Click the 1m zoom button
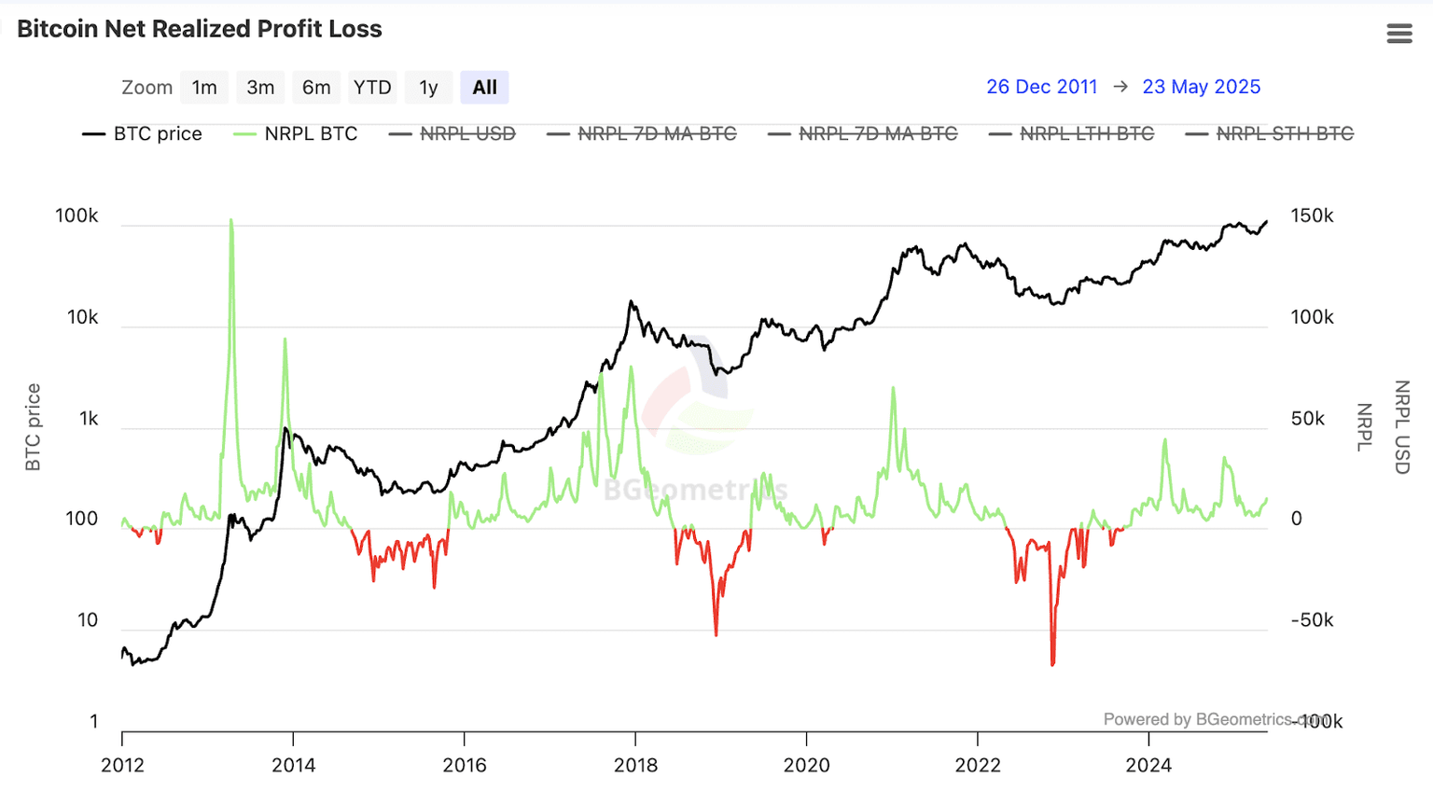204,88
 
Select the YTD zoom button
372,88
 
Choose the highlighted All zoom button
484,88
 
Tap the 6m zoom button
316,88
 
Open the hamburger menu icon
1398,34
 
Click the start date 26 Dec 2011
1041,87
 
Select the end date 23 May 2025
1201,87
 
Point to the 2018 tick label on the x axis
635,765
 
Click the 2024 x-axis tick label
1148,765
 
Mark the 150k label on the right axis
1312,215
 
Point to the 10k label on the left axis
82,317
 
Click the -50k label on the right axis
1311,620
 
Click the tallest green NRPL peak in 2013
231,221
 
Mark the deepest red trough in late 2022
1052,662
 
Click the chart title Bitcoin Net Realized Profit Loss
200,29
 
